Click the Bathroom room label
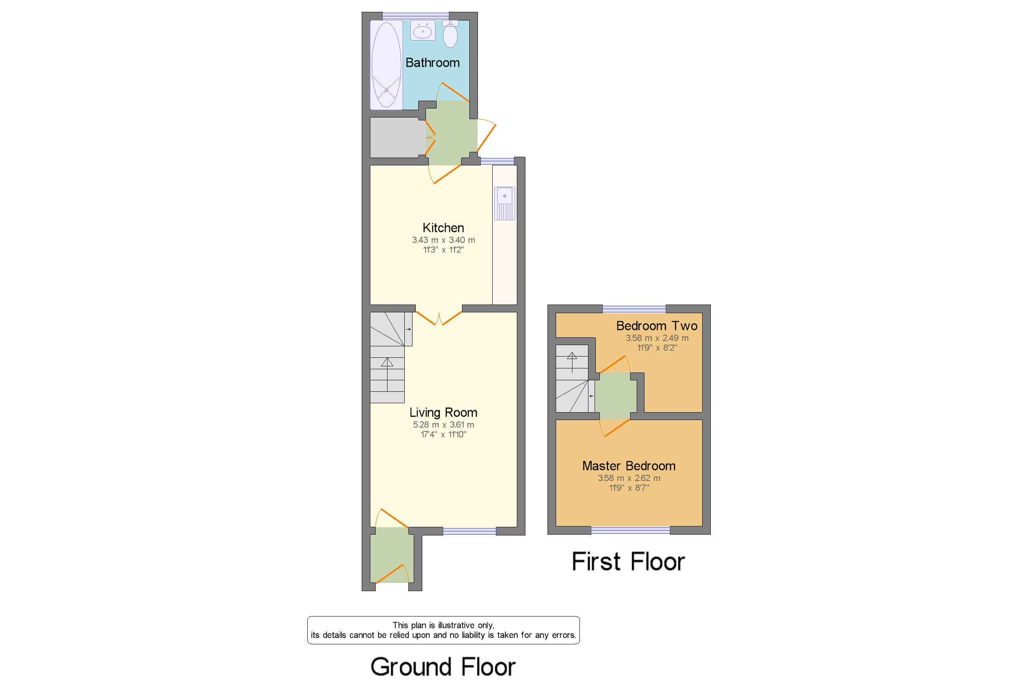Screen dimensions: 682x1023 point(432,63)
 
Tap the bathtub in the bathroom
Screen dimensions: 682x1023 point(386,65)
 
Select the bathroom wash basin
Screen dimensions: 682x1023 point(423,31)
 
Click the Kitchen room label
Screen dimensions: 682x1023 point(443,228)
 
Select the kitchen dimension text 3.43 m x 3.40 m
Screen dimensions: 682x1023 point(443,239)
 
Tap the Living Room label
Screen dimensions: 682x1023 point(443,412)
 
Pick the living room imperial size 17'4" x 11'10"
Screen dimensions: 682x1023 point(443,434)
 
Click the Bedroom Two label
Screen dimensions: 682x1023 point(656,325)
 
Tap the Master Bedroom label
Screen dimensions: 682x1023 point(628,466)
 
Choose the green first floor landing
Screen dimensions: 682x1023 point(615,396)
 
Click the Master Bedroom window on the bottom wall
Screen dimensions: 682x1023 point(630,530)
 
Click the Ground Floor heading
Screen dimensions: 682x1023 point(443,666)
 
